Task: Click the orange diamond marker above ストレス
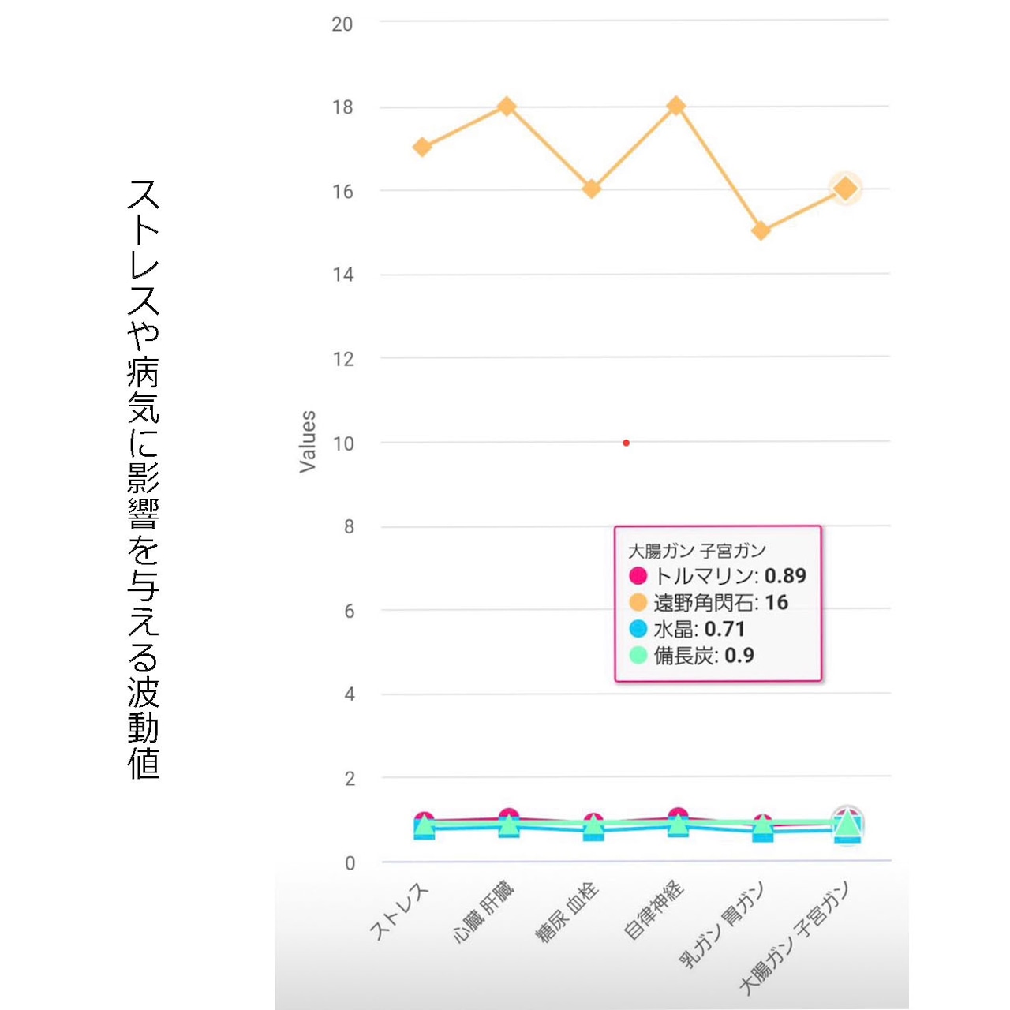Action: pyautogui.click(x=422, y=148)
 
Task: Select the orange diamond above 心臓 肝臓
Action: pyautogui.click(x=507, y=107)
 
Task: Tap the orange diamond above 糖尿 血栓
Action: pyautogui.click(x=592, y=189)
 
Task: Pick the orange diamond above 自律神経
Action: pyautogui.click(x=676, y=107)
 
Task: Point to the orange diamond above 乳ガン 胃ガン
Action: pyautogui.click(x=761, y=231)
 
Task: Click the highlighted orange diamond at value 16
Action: pyautogui.click(x=846, y=189)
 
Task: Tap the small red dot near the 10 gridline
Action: pyautogui.click(x=626, y=443)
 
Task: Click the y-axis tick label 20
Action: pyautogui.click(x=342, y=24)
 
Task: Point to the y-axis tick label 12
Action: pyautogui.click(x=342, y=360)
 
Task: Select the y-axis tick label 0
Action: pyautogui.click(x=350, y=863)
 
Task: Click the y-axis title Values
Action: pyautogui.click(x=308, y=442)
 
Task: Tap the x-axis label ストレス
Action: pyautogui.click(x=400, y=913)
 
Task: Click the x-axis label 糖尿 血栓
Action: pyautogui.click(x=567, y=913)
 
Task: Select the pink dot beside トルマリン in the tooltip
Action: pyautogui.click(x=638, y=576)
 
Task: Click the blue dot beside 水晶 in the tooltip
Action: pyautogui.click(x=638, y=629)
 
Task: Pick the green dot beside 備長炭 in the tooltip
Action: pyautogui.click(x=638, y=655)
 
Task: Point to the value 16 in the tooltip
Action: pyautogui.click(x=776, y=603)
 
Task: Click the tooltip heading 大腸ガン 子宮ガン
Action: pyautogui.click(x=697, y=551)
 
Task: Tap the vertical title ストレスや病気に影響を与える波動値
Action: pyautogui.click(x=144, y=479)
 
